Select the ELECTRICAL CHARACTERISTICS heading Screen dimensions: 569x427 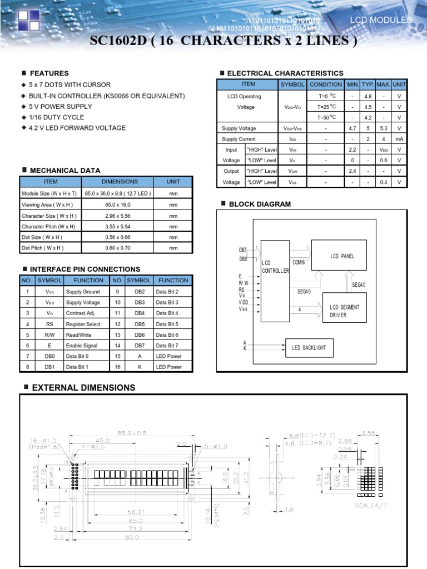tap(285, 73)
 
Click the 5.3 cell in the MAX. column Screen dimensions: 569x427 tap(383, 128)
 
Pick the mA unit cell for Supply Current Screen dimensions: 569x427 tap(399, 139)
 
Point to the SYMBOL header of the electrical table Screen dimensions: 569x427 tap(292, 84)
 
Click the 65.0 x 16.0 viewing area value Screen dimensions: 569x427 tap(117, 204)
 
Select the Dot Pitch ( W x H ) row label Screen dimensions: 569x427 tap(43, 248)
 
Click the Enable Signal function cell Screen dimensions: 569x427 tap(82, 346)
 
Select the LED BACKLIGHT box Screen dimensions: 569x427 tap(309, 348)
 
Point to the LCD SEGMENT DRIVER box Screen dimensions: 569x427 tap(344, 311)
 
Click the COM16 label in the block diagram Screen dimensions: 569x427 tap(299, 262)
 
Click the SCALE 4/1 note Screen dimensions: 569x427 tap(374, 506)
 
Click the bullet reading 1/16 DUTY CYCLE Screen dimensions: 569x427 tap(57, 117)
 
